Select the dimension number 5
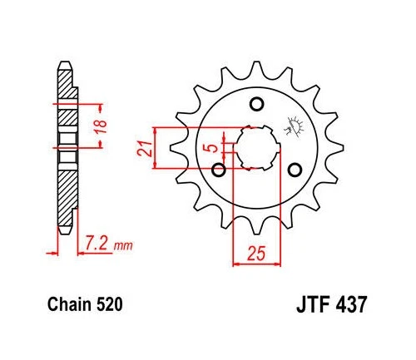coord(214,149)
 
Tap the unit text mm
coord(122,246)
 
